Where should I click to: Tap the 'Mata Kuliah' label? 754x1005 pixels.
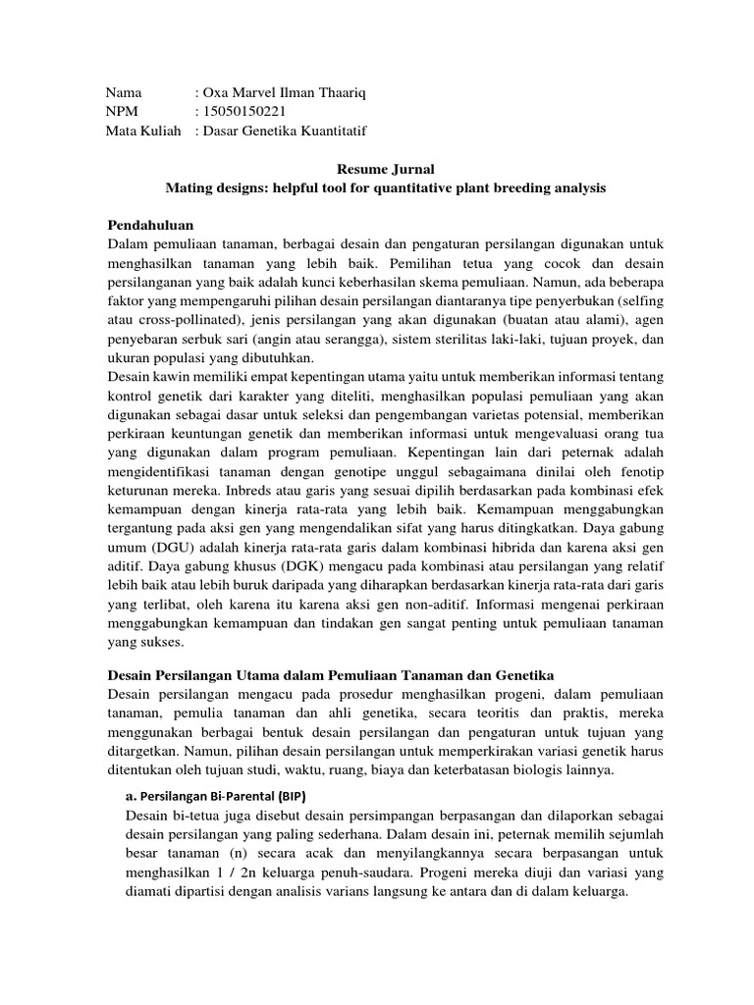coord(143,131)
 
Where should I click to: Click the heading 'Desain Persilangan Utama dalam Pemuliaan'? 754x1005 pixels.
coord(330,677)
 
